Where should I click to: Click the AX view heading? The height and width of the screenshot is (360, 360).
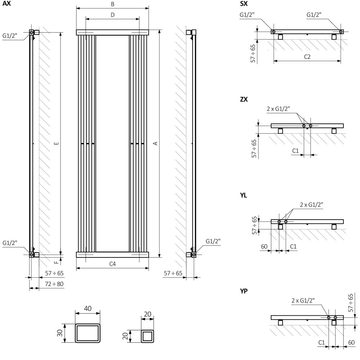tap(6, 4)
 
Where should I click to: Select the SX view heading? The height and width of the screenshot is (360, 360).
tap(244, 4)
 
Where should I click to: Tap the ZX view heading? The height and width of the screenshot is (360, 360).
tap(244, 99)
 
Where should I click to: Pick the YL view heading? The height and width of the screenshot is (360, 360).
tap(243, 195)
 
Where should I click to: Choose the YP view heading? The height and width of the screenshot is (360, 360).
tap(244, 291)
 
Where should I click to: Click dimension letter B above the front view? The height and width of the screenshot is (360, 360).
tap(112, 4)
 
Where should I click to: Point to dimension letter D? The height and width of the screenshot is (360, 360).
tap(112, 15)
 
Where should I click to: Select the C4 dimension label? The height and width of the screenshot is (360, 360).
tap(112, 264)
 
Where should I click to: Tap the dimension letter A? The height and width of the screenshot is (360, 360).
tap(156, 143)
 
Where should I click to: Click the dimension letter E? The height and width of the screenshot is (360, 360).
tap(57, 144)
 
